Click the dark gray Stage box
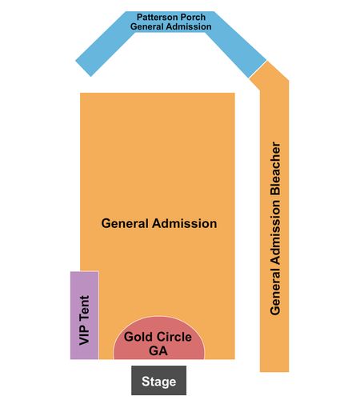point(158,380)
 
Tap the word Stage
point(158,382)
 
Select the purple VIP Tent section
point(85,315)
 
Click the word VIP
point(84,335)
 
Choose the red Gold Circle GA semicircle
point(159,338)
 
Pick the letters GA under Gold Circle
point(158,350)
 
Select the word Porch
point(192,17)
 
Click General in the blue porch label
point(146,26)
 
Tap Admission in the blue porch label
point(188,26)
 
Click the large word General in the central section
point(125,223)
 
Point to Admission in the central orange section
point(184,223)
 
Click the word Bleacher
point(275,168)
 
